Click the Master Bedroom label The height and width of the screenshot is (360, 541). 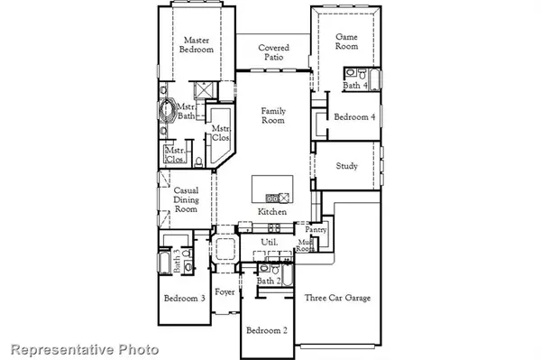click(x=197, y=45)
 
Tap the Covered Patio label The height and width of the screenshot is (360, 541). click(x=273, y=52)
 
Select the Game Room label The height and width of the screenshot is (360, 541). click(x=348, y=42)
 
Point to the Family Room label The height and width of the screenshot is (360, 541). click(x=273, y=116)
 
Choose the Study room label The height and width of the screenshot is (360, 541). click(x=347, y=166)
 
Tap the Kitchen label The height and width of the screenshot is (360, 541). click(x=272, y=212)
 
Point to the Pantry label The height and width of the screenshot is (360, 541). click(x=315, y=230)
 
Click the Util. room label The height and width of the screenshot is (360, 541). click(x=269, y=244)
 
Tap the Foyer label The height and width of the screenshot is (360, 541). click(x=225, y=292)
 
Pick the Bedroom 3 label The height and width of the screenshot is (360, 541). click(x=184, y=299)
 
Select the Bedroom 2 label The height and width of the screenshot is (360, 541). click(x=266, y=330)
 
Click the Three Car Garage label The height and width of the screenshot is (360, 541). click(x=337, y=299)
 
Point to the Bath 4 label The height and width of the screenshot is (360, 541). click(x=354, y=87)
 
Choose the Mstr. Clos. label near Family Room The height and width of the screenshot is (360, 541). click(x=219, y=134)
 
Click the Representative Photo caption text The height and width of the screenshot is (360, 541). click(x=85, y=349)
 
